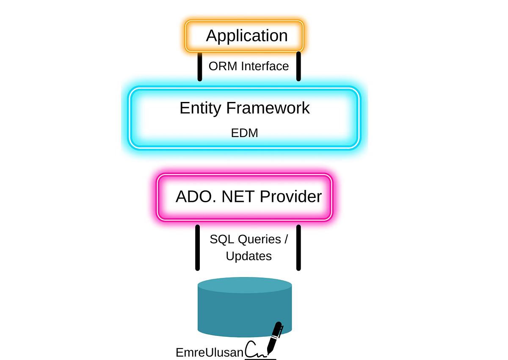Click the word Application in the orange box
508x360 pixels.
point(247,36)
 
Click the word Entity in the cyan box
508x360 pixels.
point(200,108)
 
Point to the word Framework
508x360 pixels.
point(268,108)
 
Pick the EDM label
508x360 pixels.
point(245,133)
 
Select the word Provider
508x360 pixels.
point(291,197)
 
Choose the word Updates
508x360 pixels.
point(248,256)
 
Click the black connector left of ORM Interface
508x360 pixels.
point(199,66)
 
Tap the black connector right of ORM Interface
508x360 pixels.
point(298,66)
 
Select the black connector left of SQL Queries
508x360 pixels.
point(197,247)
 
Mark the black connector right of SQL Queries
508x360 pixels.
point(298,247)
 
